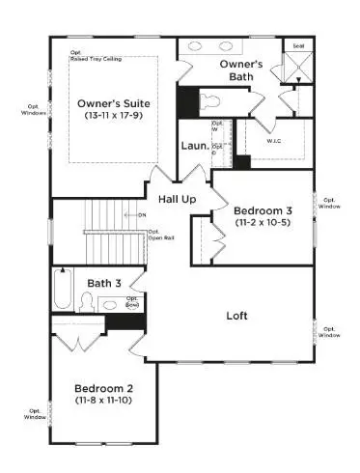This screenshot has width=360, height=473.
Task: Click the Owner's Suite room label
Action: [x=111, y=100]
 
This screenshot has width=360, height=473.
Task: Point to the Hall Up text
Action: [x=178, y=198]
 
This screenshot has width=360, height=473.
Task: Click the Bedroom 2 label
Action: [x=103, y=389]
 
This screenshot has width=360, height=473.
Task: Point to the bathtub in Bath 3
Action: [x=63, y=291]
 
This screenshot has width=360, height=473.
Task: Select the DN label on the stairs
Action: [x=141, y=213]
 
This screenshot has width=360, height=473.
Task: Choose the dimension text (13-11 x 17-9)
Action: [x=112, y=115]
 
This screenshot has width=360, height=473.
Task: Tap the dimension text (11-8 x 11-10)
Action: [x=103, y=403]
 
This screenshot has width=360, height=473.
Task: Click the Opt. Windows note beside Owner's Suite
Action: [x=32, y=109]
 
